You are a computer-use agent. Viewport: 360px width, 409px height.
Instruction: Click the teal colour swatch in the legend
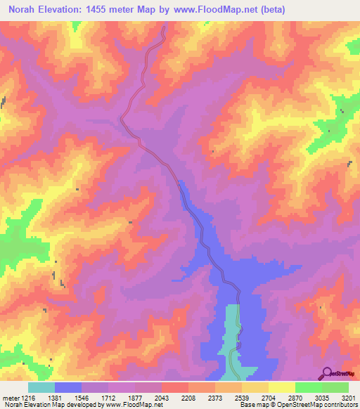[x=41, y=387]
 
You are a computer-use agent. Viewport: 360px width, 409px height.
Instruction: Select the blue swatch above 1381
[x=68, y=387]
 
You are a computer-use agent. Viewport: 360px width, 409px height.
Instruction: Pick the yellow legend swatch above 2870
[x=281, y=387]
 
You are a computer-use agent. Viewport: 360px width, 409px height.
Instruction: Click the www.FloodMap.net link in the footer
[x=133, y=405]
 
